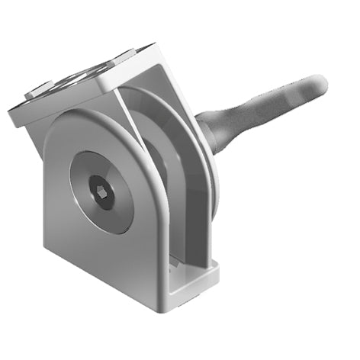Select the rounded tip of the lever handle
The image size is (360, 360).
(317, 85)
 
